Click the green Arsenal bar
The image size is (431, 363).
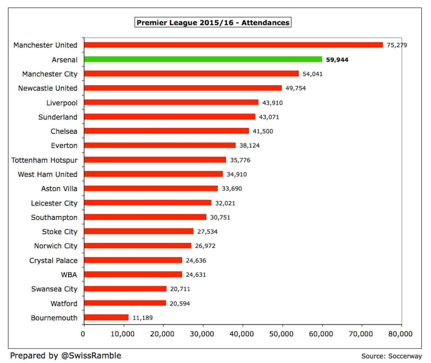[203, 59]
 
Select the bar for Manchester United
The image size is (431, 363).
[233, 45]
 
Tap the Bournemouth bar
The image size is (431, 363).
[106, 318]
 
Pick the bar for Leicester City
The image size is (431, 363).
[148, 203]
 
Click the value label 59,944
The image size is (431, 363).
[337, 60]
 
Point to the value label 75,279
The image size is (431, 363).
[397, 45]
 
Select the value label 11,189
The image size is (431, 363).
[142, 318]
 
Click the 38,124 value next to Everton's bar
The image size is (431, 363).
[249, 145]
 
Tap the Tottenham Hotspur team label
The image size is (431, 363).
[44, 160]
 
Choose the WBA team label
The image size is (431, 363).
[69, 275]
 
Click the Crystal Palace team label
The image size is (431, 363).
[53, 260]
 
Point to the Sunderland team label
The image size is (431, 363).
[58, 117]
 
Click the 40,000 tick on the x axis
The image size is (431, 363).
[242, 334]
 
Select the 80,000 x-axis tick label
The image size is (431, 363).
[400, 334]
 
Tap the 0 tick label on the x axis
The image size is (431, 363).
[83, 334]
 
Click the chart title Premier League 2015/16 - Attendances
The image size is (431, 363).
[213, 22]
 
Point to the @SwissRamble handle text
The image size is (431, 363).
[91, 355]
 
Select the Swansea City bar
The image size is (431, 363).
[125, 289]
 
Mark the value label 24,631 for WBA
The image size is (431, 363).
[196, 275]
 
